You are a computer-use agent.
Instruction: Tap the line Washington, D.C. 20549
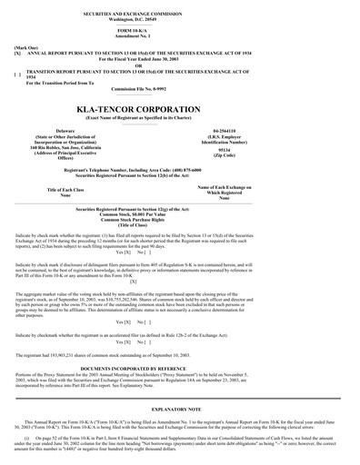click(181, 18)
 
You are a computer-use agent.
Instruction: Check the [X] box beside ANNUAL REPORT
click(18, 54)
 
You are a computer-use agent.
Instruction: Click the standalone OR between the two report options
click(181, 64)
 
